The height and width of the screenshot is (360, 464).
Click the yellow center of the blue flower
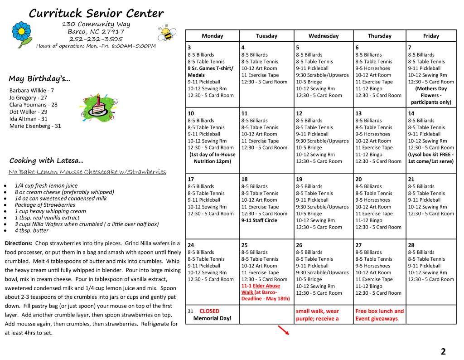21,31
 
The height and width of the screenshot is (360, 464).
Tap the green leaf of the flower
27,42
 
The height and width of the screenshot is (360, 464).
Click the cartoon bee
167,33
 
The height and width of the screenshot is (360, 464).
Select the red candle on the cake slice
98,100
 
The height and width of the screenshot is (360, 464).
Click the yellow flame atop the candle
98,95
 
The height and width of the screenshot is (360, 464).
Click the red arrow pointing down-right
284,330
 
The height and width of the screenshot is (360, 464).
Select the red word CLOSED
209,311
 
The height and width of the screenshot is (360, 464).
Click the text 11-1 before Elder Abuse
246,286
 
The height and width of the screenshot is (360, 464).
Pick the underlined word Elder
258,286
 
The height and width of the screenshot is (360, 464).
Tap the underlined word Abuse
272,286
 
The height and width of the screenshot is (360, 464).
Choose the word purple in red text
305,319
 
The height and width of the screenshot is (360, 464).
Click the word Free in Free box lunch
361,311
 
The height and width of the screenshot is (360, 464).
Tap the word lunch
385,311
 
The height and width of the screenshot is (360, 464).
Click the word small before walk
303,311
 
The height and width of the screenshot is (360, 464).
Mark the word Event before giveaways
362,319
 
